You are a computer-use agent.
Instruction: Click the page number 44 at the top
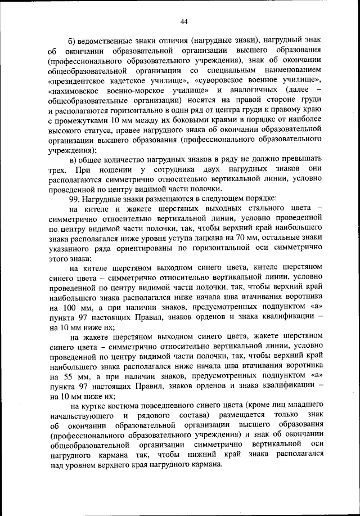click(x=183, y=21)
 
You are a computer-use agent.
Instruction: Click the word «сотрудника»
click(x=175, y=169)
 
